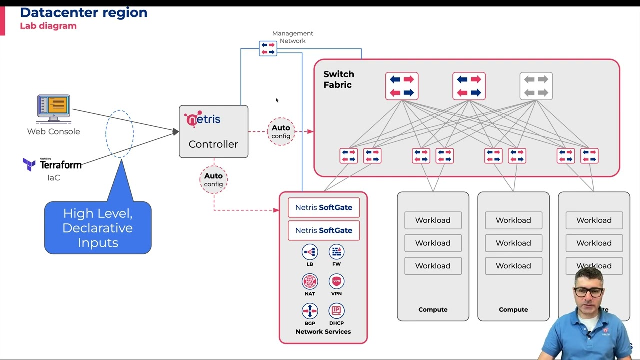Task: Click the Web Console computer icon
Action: [54, 108]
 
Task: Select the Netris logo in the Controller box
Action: [202, 119]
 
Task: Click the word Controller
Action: [213, 144]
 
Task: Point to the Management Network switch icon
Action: [268, 48]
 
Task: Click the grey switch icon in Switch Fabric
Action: [536, 86]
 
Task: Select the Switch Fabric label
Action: [338, 79]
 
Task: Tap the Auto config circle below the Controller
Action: [213, 179]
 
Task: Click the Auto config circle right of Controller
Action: [281, 131]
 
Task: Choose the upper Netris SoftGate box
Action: [323, 207]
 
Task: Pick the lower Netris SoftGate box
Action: [323, 230]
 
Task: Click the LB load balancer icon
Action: [310, 252]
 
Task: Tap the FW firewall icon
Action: [336, 252]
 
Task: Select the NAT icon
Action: [310, 282]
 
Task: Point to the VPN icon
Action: [336, 282]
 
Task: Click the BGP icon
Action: [310, 311]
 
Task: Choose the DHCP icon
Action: [336, 311]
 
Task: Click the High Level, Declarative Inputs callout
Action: [98, 228]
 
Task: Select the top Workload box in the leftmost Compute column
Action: [433, 220]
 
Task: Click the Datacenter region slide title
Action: [84, 13]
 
